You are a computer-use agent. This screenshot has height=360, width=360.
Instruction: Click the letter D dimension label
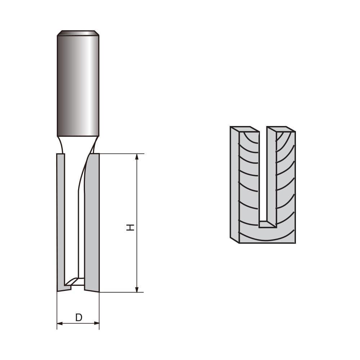pos(78,318)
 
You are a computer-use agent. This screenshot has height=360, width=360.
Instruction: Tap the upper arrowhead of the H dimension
pos(137,156)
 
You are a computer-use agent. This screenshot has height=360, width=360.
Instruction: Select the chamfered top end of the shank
pos(78,33)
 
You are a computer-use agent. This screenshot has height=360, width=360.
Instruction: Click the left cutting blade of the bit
pos(60,220)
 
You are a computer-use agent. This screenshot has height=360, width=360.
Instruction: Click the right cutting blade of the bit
pos(92,220)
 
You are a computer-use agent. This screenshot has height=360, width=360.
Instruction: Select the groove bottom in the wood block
pos(267,224)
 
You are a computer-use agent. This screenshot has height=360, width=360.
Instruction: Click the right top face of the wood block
pos(281,129)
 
